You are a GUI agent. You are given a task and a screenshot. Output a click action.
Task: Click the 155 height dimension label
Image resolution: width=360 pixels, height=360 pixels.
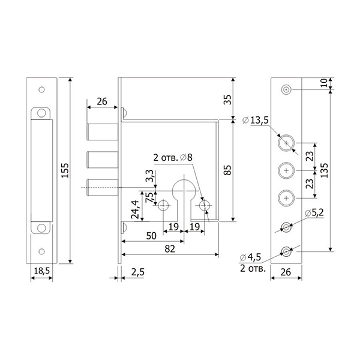(x=65, y=170)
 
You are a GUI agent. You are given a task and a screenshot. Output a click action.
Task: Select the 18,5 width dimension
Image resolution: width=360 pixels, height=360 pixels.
(x=42, y=271)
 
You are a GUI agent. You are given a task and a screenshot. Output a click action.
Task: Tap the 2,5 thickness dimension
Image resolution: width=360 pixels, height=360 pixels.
(x=138, y=272)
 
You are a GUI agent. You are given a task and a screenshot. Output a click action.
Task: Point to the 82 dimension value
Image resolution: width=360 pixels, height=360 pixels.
(x=170, y=249)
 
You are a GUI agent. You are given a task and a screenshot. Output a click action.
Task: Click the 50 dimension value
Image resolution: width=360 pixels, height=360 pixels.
(x=151, y=236)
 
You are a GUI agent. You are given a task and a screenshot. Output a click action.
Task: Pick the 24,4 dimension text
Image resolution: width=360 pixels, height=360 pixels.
(x=135, y=209)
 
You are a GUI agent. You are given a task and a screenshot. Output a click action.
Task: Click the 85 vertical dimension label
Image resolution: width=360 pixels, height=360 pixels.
(x=228, y=170)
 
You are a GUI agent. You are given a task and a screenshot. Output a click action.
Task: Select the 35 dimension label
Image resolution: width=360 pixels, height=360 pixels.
(x=228, y=100)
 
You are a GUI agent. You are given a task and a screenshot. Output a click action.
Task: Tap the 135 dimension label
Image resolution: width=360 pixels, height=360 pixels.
(x=325, y=170)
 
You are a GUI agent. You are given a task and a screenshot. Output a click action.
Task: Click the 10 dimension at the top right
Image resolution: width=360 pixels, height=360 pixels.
(x=324, y=83)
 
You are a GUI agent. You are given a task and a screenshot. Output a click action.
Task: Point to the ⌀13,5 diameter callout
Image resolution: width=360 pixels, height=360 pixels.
(x=256, y=121)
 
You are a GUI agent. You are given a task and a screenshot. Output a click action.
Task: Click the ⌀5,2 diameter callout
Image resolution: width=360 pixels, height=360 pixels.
(x=314, y=213)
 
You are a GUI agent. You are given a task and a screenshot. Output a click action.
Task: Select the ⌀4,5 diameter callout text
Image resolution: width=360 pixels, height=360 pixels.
(x=250, y=257)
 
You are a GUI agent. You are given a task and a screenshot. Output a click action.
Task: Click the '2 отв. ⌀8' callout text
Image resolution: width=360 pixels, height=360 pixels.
(x=173, y=158)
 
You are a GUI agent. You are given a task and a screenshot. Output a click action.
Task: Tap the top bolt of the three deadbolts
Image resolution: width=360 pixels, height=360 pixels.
(x=103, y=132)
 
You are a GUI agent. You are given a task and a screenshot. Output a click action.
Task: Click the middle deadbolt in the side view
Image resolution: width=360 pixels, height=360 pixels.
(x=103, y=160)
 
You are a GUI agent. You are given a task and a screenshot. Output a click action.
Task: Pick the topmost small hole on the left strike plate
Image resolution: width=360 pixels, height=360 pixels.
(x=41, y=89)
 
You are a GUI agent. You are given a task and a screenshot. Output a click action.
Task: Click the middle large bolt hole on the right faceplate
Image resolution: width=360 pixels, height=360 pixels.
(x=286, y=170)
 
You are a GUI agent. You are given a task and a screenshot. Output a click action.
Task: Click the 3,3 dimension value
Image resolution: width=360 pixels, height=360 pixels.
(x=149, y=176)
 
